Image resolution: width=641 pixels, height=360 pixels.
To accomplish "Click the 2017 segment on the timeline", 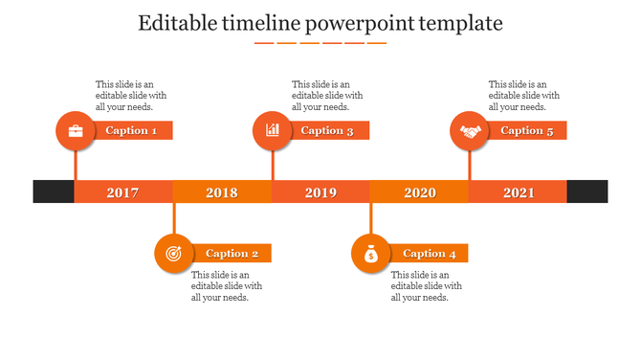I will [x=122, y=192].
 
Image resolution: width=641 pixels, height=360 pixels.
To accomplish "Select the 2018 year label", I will [x=222, y=192].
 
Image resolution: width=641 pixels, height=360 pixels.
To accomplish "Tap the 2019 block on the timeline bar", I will [x=320, y=192].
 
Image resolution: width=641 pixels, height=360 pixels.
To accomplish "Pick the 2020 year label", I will [x=419, y=192].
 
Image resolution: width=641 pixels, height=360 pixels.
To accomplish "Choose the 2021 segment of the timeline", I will [x=519, y=192].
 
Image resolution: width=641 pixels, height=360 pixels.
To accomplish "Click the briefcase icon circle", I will [x=76, y=130].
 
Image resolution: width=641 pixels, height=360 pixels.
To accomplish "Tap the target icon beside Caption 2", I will [x=173, y=254].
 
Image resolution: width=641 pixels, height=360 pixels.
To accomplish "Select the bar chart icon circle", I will [x=273, y=130].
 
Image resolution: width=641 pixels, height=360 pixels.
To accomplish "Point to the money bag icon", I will [x=370, y=254].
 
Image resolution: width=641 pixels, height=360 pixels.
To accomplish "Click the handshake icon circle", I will [x=470, y=130].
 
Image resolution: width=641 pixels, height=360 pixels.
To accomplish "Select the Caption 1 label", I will [x=132, y=130].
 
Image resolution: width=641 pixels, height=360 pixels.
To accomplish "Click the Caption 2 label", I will [x=232, y=254].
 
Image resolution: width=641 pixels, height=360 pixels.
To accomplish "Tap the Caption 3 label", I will [x=328, y=130].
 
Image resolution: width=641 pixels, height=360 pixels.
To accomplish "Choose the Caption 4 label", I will [x=430, y=254].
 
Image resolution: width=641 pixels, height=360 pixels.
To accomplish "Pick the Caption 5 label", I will [x=527, y=130].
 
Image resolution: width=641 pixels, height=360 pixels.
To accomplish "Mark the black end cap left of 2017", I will [x=54, y=191].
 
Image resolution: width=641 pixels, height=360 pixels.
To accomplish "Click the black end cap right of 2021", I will [x=586, y=191].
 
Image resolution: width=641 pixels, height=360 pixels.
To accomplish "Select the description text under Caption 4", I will [x=427, y=286].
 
